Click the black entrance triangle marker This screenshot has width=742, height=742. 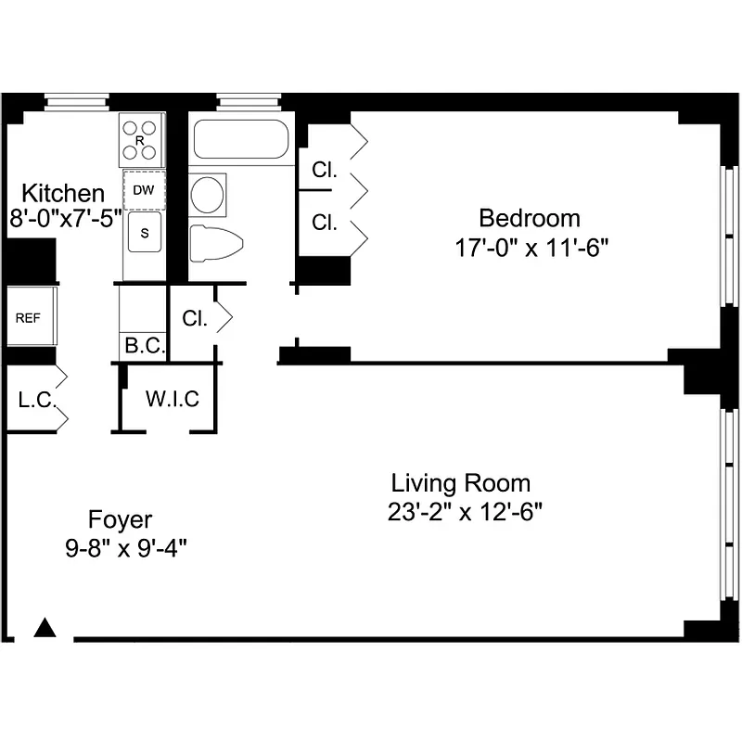click(45, 628)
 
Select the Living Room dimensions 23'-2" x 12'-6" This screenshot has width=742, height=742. click(460, 512)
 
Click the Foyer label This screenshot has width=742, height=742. click(120, 519)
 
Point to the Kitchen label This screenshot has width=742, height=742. click(63, 194)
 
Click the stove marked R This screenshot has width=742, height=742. click(141, 140)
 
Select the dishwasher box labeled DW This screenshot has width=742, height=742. click(144, 190)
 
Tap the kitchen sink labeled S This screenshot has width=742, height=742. click(145, 233)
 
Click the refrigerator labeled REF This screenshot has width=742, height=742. click(28, 316)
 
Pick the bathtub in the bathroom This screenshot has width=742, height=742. click(240, 139)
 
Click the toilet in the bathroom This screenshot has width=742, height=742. click(215, 243)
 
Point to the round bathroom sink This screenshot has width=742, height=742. click(207, 194)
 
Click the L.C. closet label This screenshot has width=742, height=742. click(38, 402)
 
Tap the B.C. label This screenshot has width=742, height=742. click(144, 347)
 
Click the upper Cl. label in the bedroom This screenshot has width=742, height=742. click(324, 171)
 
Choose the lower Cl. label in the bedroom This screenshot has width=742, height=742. click(324, 223)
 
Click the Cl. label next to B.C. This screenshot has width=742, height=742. click(194, 318)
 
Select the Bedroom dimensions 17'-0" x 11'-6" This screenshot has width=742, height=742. click(530, 249)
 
